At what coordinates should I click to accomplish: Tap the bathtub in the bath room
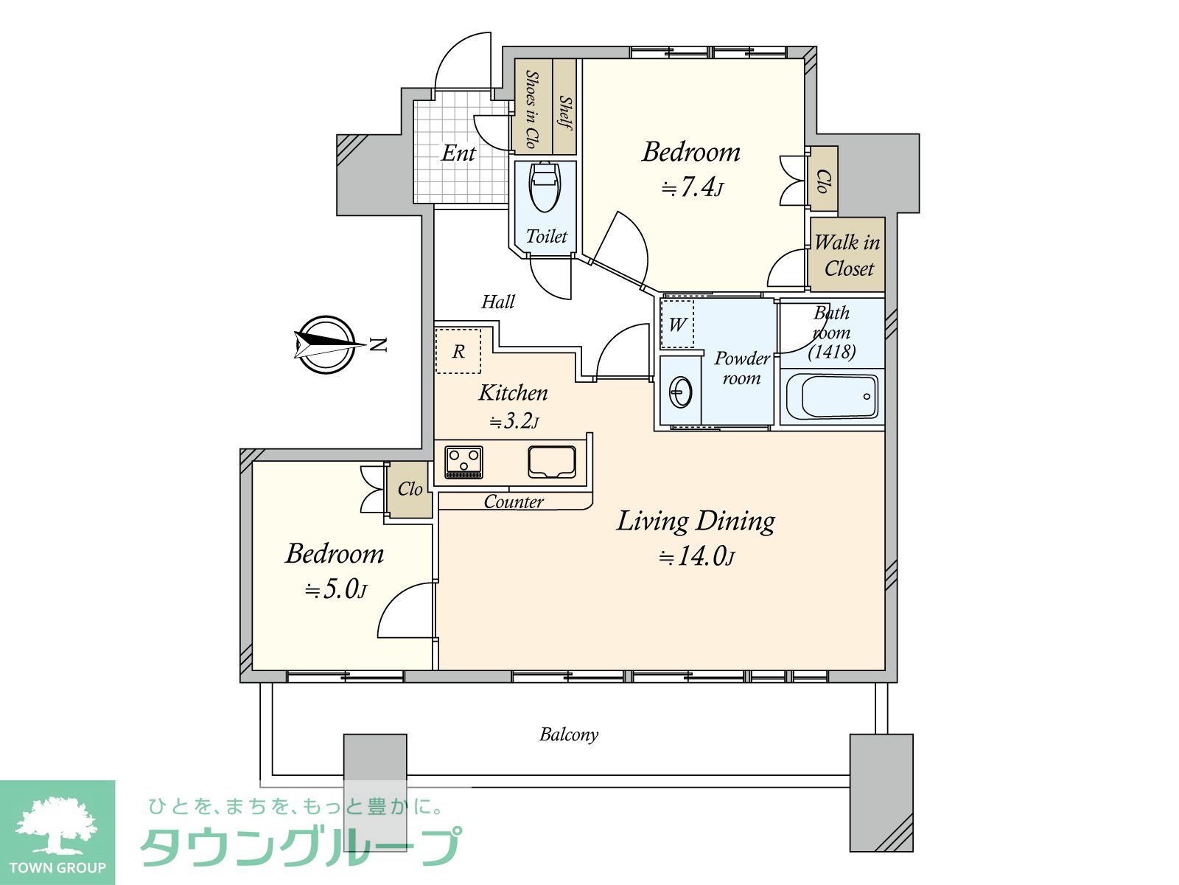(832, 397)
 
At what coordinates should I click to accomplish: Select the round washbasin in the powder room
(681, 392)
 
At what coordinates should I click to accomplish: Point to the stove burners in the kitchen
(463, 462)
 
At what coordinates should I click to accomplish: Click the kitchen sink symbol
(552, 462)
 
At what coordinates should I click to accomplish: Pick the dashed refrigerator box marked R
(458, 350)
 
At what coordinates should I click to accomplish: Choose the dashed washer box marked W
(676, 324)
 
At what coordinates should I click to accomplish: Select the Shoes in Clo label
(531, 109)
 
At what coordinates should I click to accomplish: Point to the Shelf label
(565, 112)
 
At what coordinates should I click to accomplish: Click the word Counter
(514, 502)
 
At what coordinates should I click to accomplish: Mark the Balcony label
(569, 734)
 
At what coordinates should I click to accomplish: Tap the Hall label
(498, 302)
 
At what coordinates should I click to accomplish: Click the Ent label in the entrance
(458, 153)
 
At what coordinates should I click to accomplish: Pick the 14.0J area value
(696, 556)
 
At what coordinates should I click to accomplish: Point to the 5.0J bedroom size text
(336, 589)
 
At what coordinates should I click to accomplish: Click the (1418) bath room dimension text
(832, 352)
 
